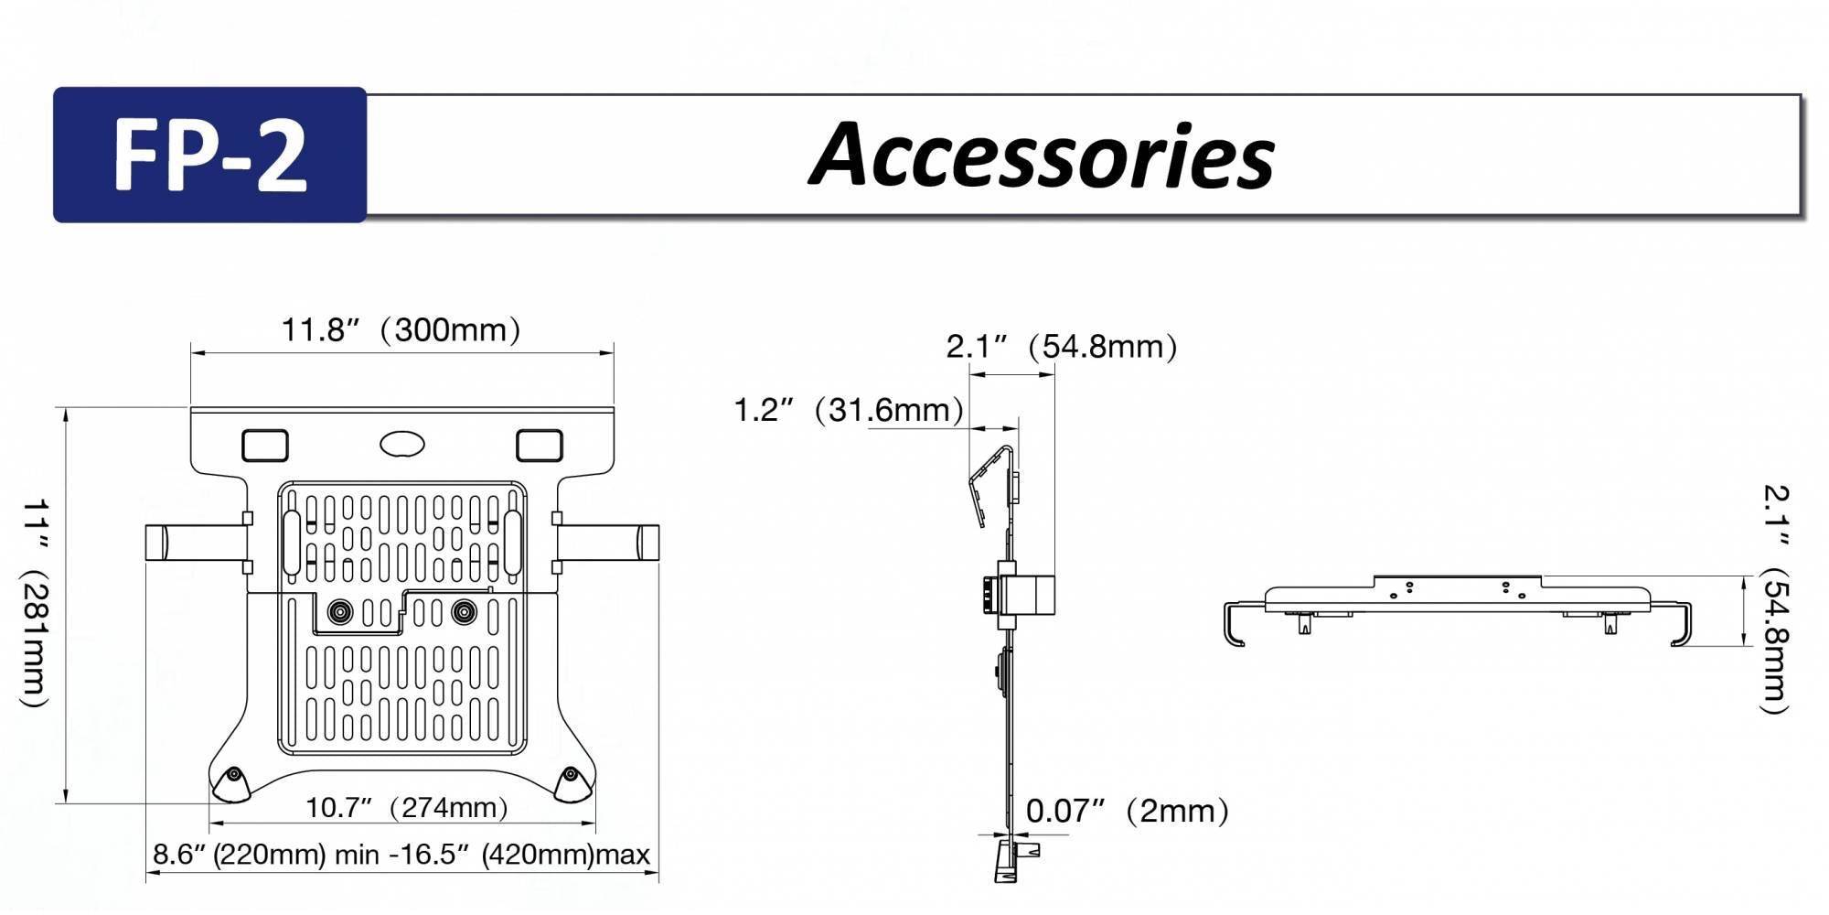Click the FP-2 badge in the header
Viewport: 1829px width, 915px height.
pos(209,155)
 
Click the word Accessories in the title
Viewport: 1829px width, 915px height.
pos(1042,155)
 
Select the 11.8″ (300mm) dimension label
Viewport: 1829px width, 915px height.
pos(401,329)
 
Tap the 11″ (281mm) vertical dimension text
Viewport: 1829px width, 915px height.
pos(34,604)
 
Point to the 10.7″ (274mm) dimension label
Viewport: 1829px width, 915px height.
pos(406,808)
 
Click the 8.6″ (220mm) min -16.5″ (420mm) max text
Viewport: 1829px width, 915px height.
pos(401,855)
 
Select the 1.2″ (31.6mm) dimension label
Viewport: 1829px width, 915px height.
pos(848,409)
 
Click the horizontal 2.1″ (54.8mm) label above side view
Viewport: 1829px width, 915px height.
pos(1061,347)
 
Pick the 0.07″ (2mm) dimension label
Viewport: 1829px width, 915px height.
pos(1127,811)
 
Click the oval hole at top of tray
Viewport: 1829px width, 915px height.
pos(402,445)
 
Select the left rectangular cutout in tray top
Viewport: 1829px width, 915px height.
pos(265,446)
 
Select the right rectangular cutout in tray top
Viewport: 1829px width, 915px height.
pos(540,446)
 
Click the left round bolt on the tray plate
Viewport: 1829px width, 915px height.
pos(341,612)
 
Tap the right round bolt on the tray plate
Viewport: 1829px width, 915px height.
pos(465,612)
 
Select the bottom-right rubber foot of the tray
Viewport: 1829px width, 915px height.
pos(572,783)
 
